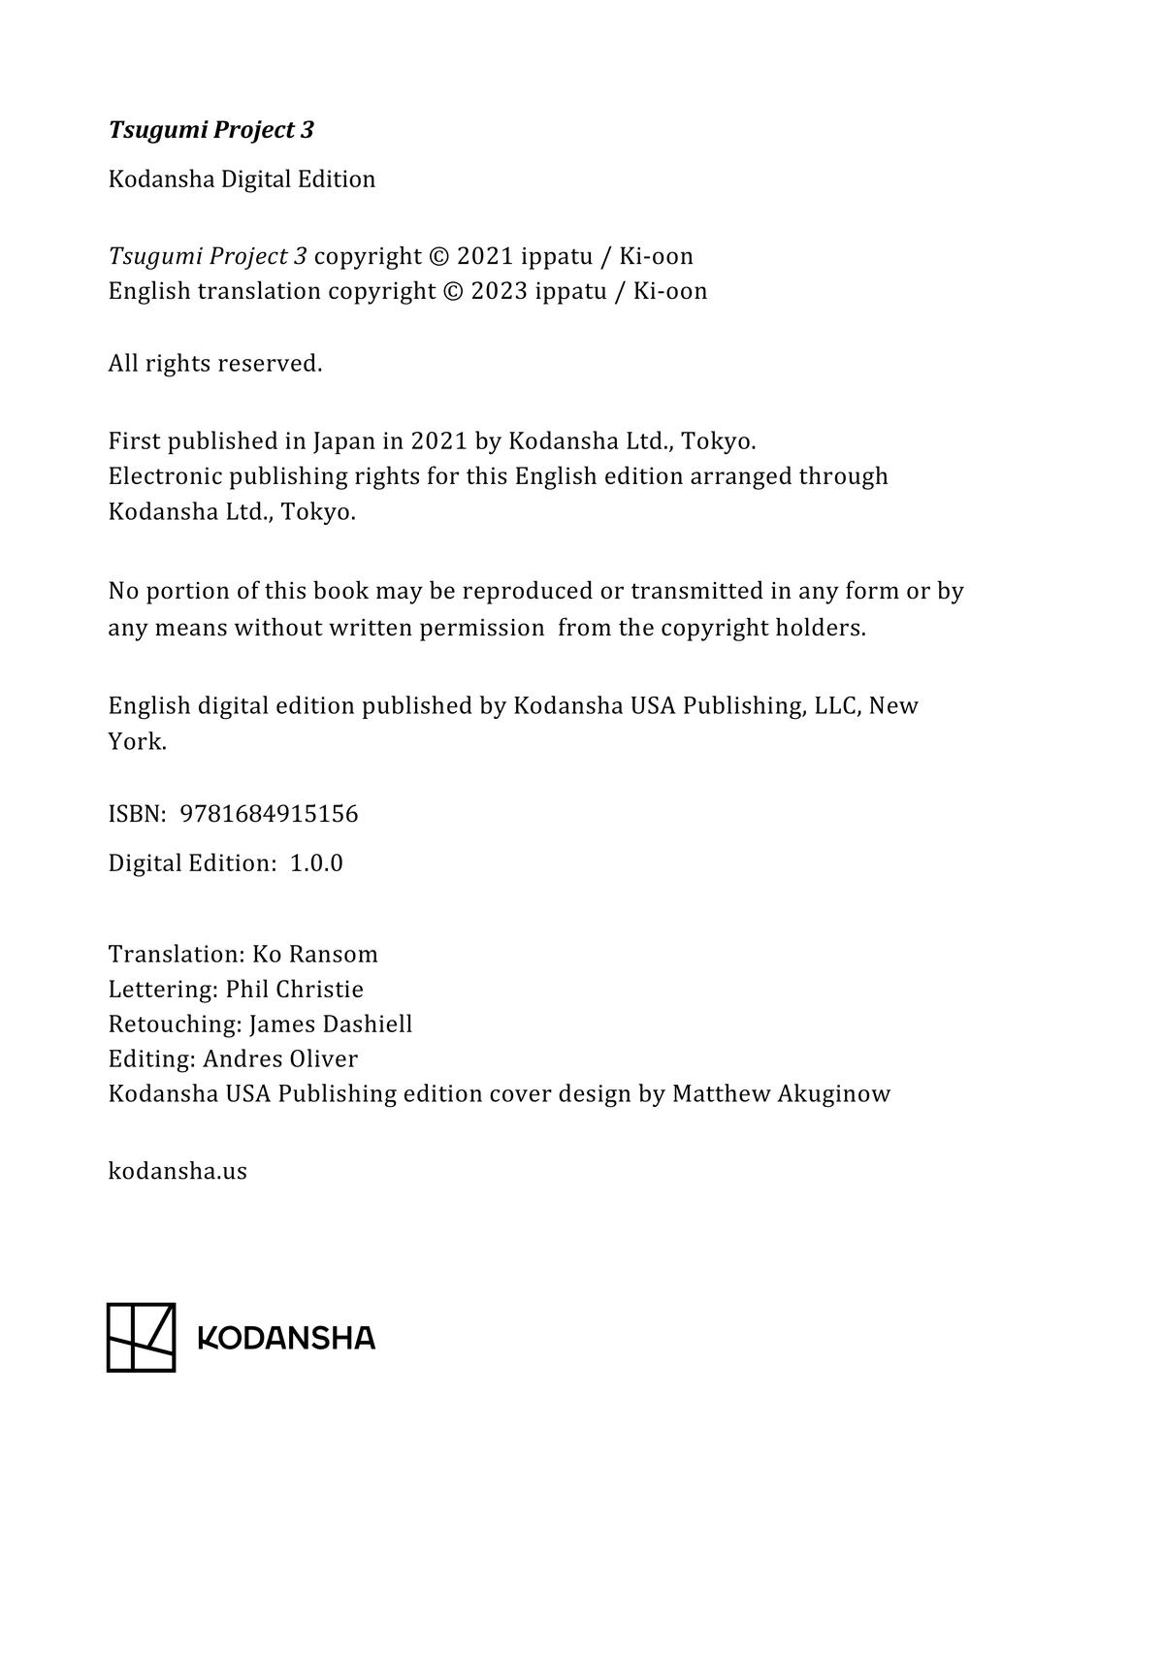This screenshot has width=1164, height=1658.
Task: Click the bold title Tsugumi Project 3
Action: coord(211,130)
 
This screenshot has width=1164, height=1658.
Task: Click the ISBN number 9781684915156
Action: coord(270,814)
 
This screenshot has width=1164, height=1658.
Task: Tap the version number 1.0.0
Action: coord(316,863)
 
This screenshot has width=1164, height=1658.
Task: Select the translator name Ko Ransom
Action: coord(315,955)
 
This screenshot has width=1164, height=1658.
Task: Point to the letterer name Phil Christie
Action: coord(295,990)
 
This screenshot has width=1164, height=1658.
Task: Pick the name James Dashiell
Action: coord(331,1024)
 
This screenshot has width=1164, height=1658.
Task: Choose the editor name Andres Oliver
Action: coord(280,1059)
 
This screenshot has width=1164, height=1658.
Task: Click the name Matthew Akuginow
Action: coord(781,1094)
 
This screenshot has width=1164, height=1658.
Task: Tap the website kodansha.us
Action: coord(178,1172)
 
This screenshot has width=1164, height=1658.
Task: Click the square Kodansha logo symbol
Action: coord(141,1338)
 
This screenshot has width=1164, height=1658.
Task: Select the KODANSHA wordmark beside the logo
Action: coord(286,1339)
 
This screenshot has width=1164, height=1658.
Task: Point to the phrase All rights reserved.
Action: coord(215,364)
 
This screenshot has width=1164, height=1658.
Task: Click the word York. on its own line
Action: coord(138,742)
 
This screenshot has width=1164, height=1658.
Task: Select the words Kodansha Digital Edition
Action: coord(242,179)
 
